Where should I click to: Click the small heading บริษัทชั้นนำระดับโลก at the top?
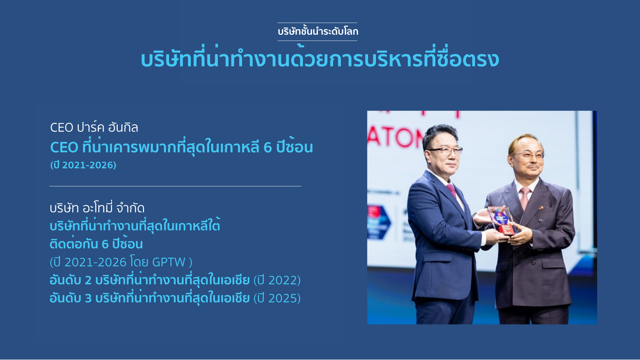pos(318,31)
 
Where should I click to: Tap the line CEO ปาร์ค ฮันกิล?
pos(94,127)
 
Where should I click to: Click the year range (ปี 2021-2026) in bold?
pos(83,165)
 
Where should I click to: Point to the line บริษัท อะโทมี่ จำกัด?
pos(97,208)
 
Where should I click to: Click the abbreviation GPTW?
pos(169,262)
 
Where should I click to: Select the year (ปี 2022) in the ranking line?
pos(277,280)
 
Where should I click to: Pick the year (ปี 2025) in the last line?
pos(277,298)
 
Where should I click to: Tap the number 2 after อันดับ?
pos(88,280)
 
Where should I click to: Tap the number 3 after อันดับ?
pos(88,298)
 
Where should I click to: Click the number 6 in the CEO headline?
pos(268,147)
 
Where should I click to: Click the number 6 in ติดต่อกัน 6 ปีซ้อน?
pos(105,244)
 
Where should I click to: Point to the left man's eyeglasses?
pos(446,151)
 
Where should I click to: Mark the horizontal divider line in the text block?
pos(175,186)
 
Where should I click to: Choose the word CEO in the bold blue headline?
pos(64,147)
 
